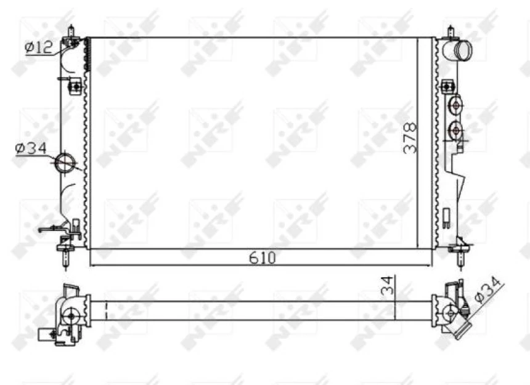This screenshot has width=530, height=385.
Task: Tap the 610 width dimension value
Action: click(x=262, y=257)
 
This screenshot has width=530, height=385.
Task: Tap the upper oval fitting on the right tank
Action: click(x=455, y=106)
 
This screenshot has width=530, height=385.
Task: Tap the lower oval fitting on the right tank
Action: click(x=456, y=129)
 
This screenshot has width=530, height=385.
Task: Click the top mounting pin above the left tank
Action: click(x=71, y=31)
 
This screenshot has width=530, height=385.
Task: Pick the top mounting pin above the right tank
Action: click(x=450, y=31)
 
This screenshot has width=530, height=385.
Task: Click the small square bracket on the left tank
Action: click(x=76, y=87)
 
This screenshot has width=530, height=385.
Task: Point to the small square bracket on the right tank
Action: click(x=445, y=87)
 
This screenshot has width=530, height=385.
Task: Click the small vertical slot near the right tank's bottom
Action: click(x=445, y=216)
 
